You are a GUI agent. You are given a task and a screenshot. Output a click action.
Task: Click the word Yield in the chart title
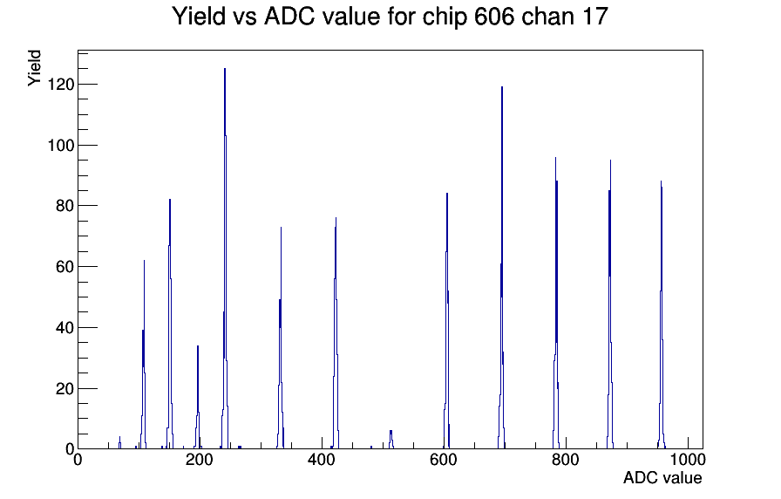199,16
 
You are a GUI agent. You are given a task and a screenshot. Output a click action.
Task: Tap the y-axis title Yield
34,68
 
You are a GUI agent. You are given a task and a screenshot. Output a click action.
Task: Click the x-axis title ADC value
662,477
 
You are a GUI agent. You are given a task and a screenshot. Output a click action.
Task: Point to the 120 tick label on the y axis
60,85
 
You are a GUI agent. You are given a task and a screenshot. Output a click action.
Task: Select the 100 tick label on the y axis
60,145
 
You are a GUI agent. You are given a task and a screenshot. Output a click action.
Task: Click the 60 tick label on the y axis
65,267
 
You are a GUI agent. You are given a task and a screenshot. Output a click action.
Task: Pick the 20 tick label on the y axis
65,388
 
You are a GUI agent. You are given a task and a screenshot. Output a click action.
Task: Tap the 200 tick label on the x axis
200,460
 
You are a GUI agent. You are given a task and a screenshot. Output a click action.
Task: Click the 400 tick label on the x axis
322,460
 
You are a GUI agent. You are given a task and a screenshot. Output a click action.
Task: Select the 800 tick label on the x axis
566,460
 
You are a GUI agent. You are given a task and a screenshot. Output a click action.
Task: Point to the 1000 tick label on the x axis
687,460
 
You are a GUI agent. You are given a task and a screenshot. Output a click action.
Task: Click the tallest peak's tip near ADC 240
225,69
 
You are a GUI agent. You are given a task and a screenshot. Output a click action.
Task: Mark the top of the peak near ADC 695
502,87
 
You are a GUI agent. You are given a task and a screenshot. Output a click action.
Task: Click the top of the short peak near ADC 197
198,346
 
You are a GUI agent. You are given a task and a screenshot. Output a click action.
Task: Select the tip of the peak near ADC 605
447,194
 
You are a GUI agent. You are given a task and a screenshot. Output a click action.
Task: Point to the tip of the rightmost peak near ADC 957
661,181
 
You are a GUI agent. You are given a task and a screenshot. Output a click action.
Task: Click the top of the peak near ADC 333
281,228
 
